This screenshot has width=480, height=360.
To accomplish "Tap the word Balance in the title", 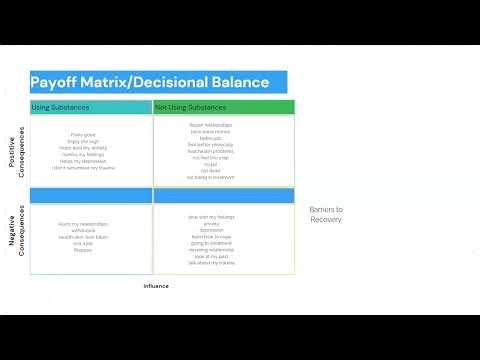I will pos(240,82).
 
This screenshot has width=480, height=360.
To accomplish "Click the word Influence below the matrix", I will pos(156,286).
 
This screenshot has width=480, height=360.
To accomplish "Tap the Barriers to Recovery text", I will pos(326,214).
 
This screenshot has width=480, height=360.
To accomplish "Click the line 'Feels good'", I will pos(84,135).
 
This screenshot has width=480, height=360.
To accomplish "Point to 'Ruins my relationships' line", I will pos(84,223).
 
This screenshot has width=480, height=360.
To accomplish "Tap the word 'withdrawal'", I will pos(84,230).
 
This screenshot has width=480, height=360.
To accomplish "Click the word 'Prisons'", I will pos(82,250).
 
